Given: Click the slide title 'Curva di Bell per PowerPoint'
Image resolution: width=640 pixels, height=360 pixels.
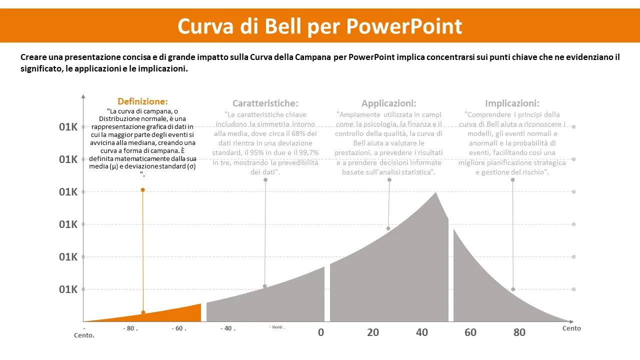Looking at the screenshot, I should tap(320, 26).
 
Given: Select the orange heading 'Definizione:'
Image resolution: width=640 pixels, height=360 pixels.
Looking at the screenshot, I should tap(142, 101).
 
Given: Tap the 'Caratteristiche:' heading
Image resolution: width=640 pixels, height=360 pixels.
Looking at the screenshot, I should tap(265, 103).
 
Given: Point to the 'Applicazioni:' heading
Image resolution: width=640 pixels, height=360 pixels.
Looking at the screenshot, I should tap(388, 103).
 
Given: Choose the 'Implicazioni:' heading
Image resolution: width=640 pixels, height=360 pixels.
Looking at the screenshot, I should tap(512, 103).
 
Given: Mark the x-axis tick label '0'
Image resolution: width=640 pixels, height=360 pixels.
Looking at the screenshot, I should tap(321, 332).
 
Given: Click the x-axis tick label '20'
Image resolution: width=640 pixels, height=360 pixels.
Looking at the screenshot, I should tap(373, 332).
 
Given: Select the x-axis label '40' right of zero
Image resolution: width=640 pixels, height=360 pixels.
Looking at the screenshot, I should tap(422, 332).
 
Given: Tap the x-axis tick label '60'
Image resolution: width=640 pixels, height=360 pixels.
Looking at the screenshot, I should tap(470, 332).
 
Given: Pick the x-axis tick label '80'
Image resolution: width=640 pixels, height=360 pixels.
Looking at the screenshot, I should tap(519, 332).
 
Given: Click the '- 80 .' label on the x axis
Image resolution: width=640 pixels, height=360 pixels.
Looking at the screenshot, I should tap(130, 329).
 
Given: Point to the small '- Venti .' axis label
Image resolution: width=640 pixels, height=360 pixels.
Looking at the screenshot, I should tap(277, 327).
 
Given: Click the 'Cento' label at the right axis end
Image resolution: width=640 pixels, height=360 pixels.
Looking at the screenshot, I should tap(571, 328).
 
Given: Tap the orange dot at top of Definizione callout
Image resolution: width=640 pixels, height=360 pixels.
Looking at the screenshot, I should tap(142, 190).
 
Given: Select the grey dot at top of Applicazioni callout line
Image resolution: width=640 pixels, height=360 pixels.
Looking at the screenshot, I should tap(389, 180).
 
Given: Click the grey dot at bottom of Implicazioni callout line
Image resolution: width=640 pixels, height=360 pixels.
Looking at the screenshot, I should tap(513, 289).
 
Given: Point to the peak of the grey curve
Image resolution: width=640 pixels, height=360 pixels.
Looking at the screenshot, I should tap(435, 193).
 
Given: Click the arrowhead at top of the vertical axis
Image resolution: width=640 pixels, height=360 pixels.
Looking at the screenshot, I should tap(83, 95).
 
